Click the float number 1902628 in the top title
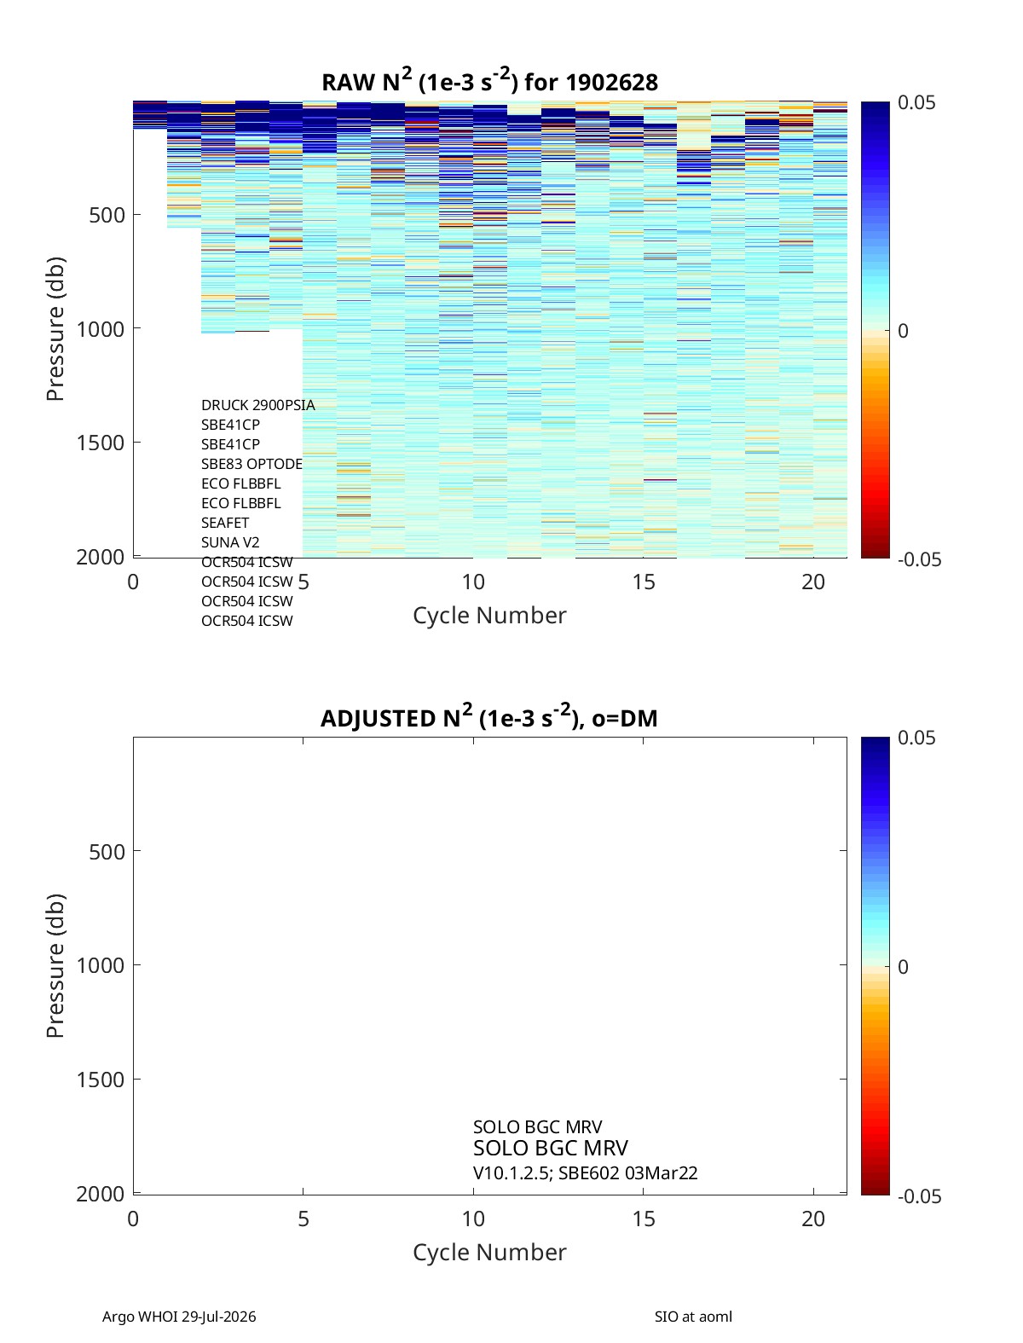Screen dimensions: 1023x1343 point(611,83)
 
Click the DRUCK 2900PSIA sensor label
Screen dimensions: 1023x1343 point(258,405)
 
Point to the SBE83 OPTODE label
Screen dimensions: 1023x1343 point(252,464)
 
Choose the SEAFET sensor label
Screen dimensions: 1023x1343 point(225,523)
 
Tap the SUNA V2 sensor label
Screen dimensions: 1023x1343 point(230,542)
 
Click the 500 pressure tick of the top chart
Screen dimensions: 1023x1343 point(107,215)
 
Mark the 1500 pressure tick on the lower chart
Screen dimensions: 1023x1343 point(101,1079)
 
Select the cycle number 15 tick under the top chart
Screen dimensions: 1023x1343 point(644,582)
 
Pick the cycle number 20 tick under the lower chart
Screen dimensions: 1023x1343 point(813,1219)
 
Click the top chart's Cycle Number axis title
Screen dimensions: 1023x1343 point(490,615)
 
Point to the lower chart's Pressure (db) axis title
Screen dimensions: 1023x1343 point(55,965)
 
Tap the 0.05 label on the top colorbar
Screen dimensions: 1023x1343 point(916,102)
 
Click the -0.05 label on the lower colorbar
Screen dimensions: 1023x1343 point(920,1195)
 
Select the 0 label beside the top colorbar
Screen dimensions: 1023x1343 point(903,331)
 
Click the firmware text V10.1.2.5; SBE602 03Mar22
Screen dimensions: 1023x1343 point(585,1172)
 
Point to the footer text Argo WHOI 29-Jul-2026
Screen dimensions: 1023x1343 point(179,1316)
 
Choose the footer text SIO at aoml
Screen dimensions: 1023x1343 point(693,1316)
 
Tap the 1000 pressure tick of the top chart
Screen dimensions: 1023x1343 point(101,329)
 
